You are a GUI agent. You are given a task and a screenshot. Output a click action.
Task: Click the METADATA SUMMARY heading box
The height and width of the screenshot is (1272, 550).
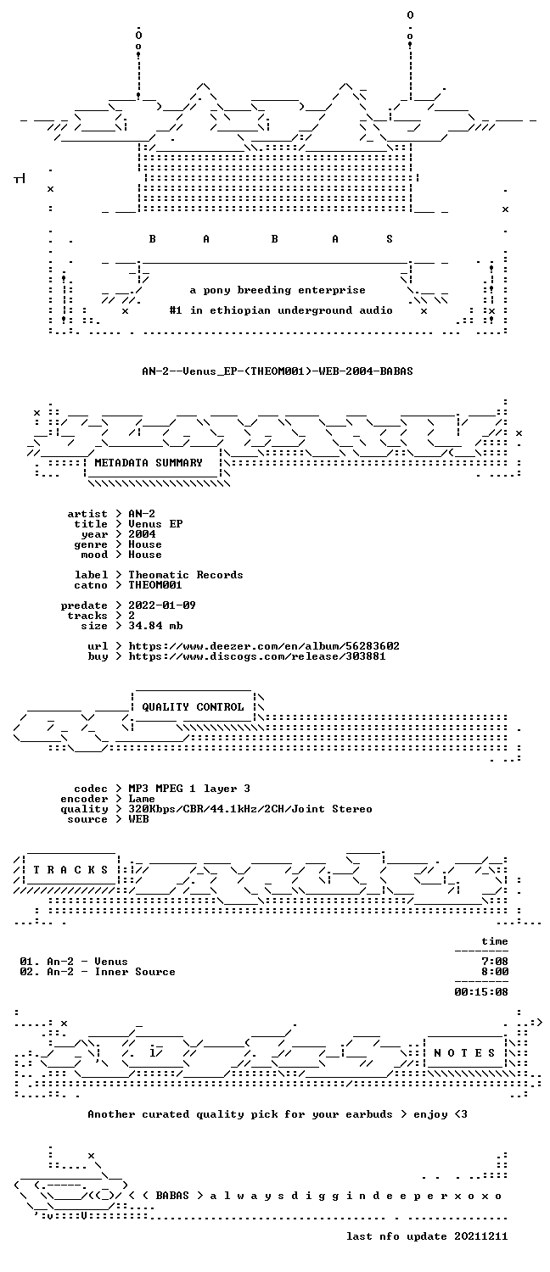pos(149,463)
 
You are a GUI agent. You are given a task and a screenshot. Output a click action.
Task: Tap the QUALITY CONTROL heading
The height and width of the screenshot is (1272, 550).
pos(193,707)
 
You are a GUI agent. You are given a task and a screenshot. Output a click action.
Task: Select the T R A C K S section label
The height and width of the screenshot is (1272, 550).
pos(70,870)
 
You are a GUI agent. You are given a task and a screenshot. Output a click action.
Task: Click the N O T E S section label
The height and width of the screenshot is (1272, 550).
pos(464,1053)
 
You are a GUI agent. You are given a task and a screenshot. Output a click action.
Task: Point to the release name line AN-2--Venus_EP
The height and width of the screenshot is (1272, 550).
pos(278,371)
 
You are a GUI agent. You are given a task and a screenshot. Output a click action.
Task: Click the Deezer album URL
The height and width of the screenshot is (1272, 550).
pos(264,646)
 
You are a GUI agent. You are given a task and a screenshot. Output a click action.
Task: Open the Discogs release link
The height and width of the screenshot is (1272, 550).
pos(257,656)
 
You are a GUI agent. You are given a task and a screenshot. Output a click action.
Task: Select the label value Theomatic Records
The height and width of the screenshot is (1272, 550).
pos(185,575)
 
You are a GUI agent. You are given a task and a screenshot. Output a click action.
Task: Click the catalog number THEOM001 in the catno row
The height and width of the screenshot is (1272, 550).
pos(155,585)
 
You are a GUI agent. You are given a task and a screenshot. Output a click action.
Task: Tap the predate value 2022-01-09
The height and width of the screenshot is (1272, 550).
pos(162,605)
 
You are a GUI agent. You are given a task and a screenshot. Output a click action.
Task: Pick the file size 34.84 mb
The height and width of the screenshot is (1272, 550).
pos(155,626)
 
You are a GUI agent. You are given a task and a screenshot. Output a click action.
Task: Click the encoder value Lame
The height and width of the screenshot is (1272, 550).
pos(142,799)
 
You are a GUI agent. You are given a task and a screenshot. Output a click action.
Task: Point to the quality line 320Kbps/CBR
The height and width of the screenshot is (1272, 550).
pos(250,809)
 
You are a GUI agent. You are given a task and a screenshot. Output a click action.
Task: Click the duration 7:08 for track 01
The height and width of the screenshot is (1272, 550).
pos(494,962)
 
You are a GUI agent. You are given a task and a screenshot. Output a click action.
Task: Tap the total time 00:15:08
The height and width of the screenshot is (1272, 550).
pos(480,992)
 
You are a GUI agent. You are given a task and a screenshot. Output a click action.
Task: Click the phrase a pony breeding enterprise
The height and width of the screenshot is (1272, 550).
pos(278,290)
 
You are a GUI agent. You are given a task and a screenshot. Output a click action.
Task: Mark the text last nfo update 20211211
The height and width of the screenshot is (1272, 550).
pos(427,1236)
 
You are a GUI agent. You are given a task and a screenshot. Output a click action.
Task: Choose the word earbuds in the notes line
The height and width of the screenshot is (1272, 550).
pos(368,1114)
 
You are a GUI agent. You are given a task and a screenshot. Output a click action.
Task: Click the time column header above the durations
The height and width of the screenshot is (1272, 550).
pos(494,941)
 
